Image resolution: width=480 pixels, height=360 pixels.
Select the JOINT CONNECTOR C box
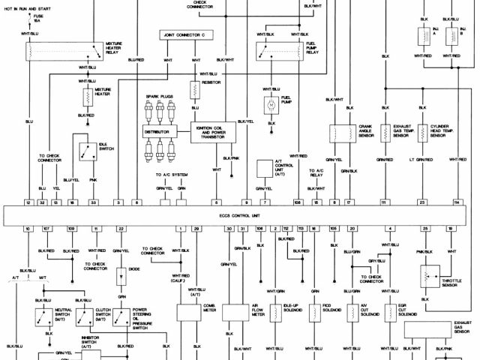click(186, 35)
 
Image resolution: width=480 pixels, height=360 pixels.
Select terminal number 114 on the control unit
click(457, 203)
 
